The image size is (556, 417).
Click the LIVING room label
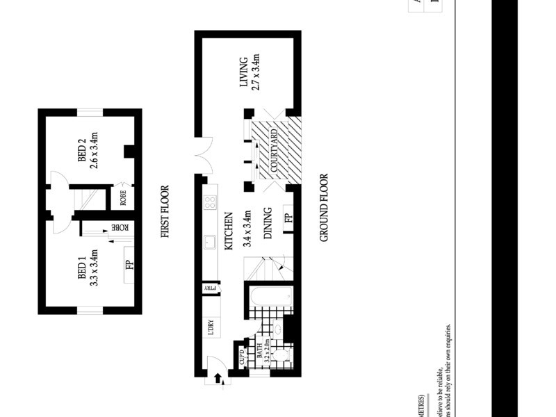244,72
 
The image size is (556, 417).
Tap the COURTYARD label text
274,151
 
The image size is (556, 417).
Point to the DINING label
268,223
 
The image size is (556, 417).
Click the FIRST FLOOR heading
165,211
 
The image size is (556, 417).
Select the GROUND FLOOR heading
323,208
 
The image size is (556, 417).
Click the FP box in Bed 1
129,265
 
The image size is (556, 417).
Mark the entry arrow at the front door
218,377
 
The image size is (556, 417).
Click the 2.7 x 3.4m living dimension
256,72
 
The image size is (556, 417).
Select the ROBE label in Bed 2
123,199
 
